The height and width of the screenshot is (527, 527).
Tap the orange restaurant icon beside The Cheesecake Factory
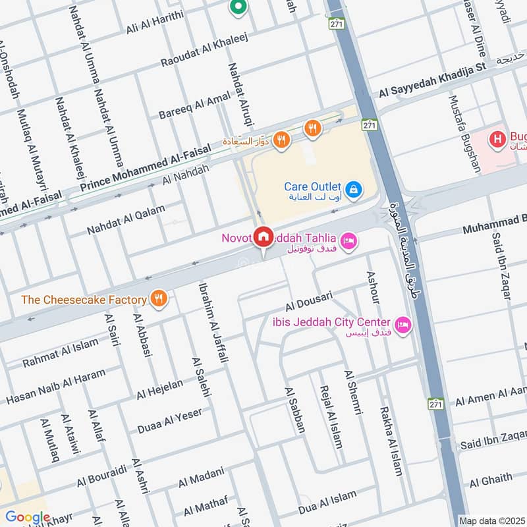[x=157, y=299]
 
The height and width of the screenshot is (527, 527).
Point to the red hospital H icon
[x=496, y=140]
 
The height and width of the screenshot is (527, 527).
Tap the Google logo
[x=27, y=516]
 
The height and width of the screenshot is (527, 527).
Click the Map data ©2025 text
[x=492, y=520]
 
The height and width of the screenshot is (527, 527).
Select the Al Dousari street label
[x=309, y=302]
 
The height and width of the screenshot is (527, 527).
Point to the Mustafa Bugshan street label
[x=464, y=134]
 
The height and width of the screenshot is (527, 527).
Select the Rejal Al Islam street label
[x=330, y=416]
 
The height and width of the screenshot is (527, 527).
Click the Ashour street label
[x=373, y=287]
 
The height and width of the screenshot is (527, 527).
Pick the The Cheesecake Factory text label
[x=84, y=300]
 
